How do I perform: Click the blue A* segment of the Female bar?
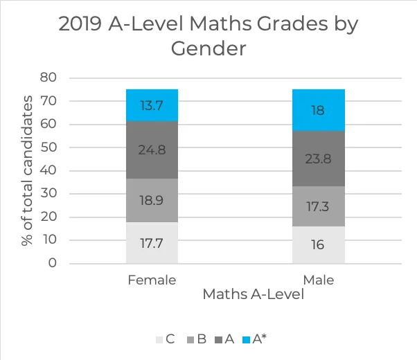152,105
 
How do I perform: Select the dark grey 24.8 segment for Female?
152,150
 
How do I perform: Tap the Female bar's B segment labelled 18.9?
152,200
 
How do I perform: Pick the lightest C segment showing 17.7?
152,242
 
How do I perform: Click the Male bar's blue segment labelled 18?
318,110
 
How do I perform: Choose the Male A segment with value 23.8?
318,158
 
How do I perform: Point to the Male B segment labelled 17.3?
318,206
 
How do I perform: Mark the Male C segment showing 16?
318,244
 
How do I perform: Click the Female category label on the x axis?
152,280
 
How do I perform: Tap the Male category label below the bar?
318,280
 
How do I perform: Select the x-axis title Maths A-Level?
254,295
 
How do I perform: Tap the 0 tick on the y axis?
52,264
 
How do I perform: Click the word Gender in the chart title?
208,50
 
